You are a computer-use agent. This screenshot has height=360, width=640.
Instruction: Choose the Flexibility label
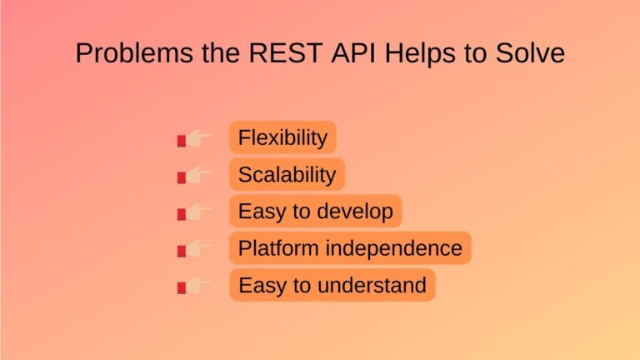[282, 137]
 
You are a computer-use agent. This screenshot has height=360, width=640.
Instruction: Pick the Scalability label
[287, 174]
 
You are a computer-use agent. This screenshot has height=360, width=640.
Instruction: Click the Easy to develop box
[315, 211]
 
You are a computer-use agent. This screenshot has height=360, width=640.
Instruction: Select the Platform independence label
[350, 247]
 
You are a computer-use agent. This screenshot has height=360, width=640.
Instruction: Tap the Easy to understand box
[332, 285]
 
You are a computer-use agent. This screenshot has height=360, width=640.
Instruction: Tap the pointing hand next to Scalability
[195, 176]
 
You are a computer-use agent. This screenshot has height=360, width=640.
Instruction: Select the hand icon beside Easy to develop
[195, 212]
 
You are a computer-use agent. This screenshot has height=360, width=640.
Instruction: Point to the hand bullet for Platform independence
[195, 249]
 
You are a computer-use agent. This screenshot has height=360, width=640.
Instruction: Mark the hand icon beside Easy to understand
[195, 287]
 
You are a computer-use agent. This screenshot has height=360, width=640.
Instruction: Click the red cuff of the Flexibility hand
[181, 141]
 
